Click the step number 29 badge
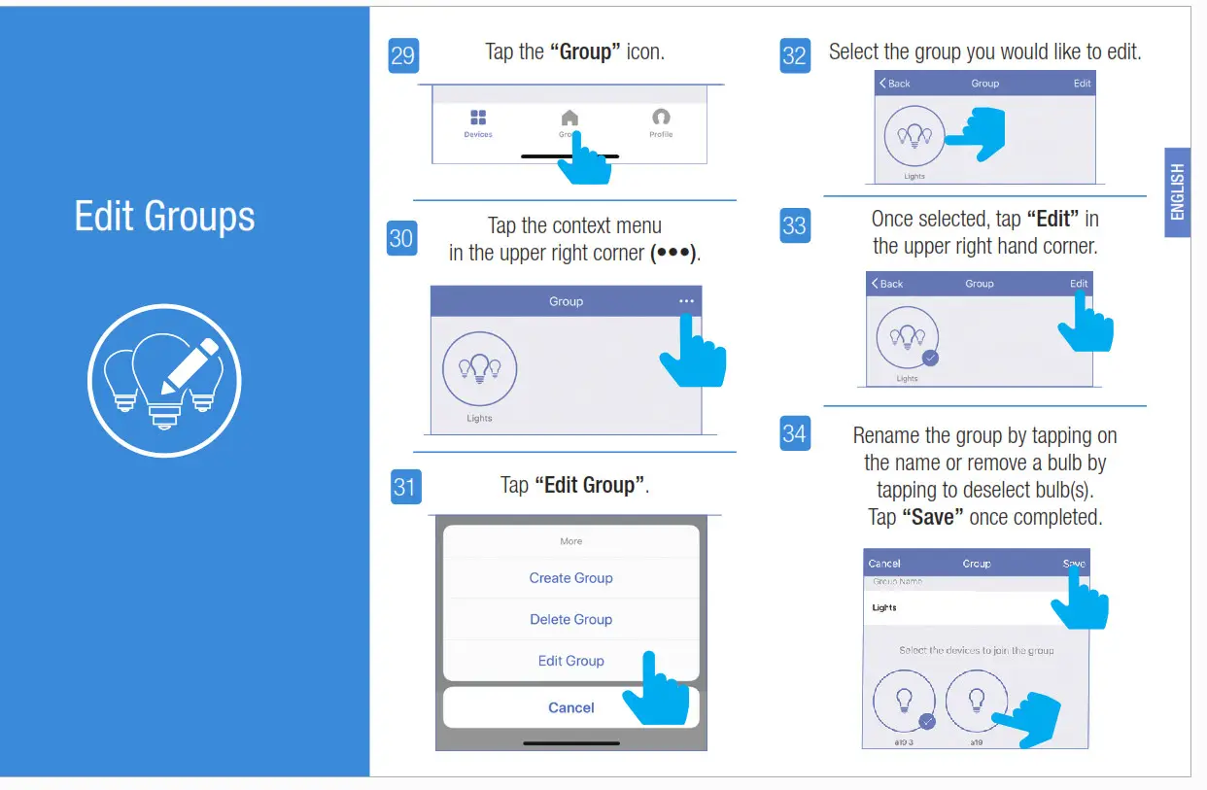[x=402, y=55]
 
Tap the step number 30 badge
[x=401, y=238]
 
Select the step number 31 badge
[x=404, y=486]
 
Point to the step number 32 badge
[x=794, y=55]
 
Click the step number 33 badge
[x=794, y=225]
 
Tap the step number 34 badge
[x=794, y=432]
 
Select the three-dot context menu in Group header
[x=687, y=301]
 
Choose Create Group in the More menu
[x=570, y=578]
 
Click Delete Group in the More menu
[x=570, y=619]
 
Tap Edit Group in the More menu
[x=570, y=661]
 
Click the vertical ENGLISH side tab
[x=1177, y=191]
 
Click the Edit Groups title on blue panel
[x=164, y=216]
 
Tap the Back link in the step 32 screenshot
[x=895, y=84]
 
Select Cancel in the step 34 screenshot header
[x=884, y=564]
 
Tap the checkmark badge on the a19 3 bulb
[x=927, y=721]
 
